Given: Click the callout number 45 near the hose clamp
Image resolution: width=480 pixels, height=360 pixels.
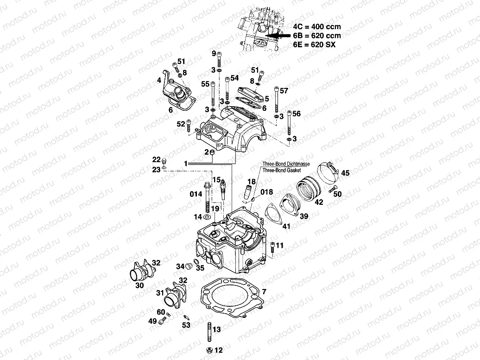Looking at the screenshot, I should pyautogui.click(x=345, y=173).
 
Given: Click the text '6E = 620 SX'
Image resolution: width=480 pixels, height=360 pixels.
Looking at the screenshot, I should pyautogui.click(x=315, y=44).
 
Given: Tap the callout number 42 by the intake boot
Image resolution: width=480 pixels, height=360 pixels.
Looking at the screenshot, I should pyautogui.click(x=318, y=202).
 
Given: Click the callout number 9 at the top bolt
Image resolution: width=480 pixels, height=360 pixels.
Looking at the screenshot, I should pyautogui.click(x=214, y=54).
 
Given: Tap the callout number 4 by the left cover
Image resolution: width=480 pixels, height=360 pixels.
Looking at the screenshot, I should pyautogui.click(x=158, y=81).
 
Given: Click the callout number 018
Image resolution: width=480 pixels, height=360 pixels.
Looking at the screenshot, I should pyautogui.click(x=266, y=191).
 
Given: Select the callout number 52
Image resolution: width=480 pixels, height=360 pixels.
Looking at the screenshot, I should pyautogui.click(x=180, y=124).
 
